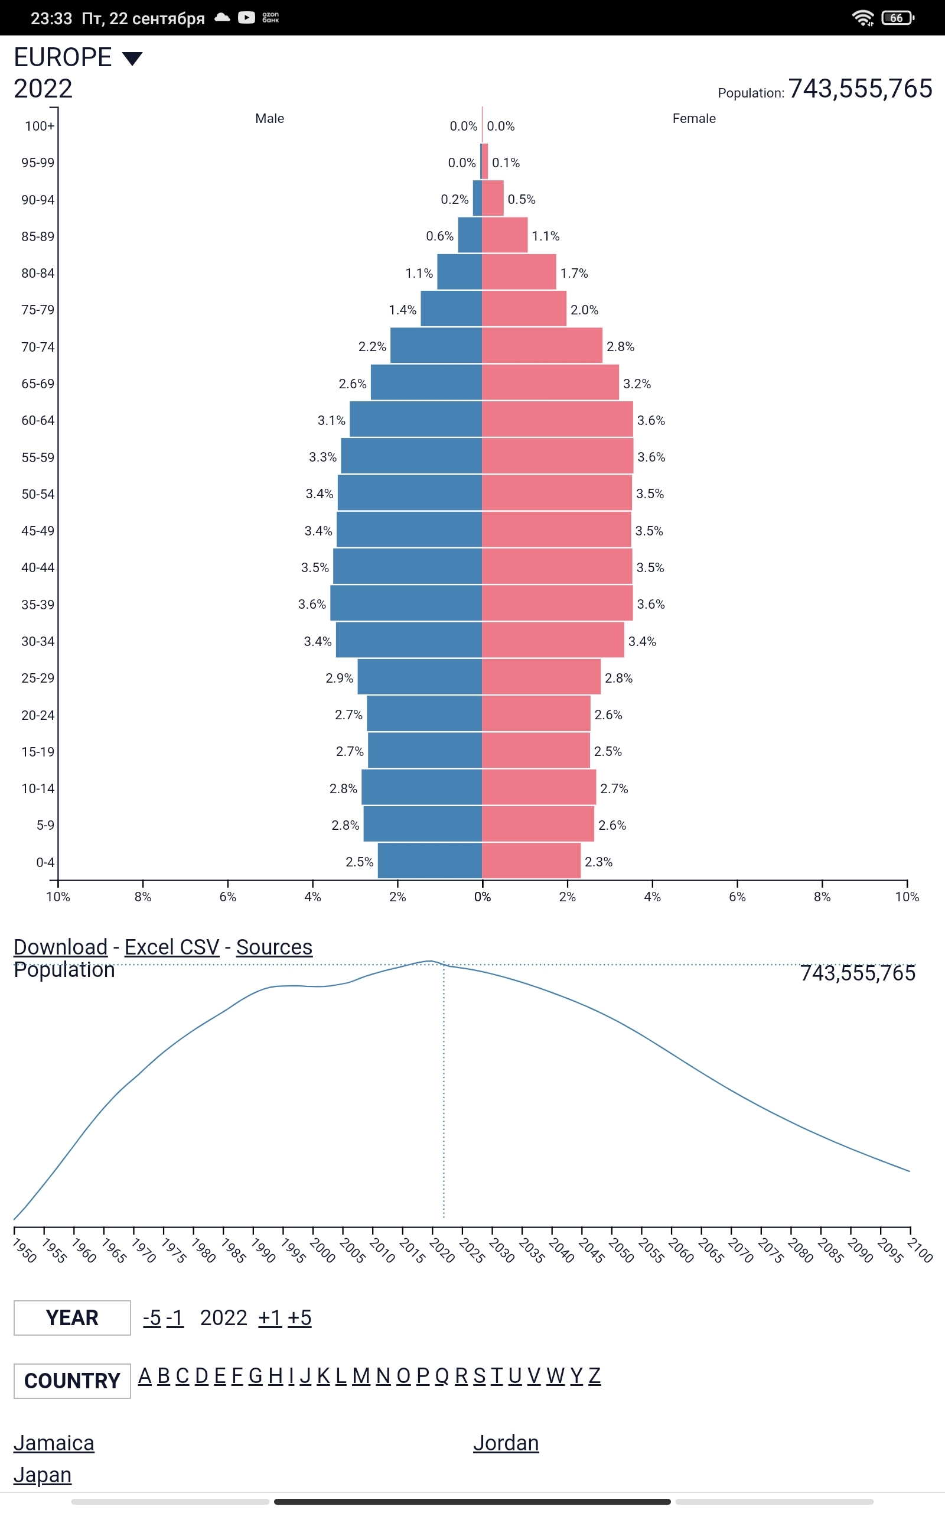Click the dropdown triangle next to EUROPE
tap(132, 59)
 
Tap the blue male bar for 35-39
tap(406, 603)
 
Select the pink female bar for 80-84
tap(519, 272)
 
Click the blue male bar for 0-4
tap(429, 861)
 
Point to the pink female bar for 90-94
tap(493, 198)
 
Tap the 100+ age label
tap(40, 126)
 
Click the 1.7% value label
tap(573, 273)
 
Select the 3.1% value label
tap(331, 421)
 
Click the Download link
tap(61, 947)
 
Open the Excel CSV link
tap(172, 947)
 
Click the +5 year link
tap(299, 1317)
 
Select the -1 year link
tap(175, 1317)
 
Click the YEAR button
tap(72, 1317)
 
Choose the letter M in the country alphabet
tap(361, 1375)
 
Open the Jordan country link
tap(506, 1442)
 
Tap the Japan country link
tap(43, 1474)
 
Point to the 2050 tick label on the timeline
tap(621, 1250)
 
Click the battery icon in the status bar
tap(897, 18)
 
